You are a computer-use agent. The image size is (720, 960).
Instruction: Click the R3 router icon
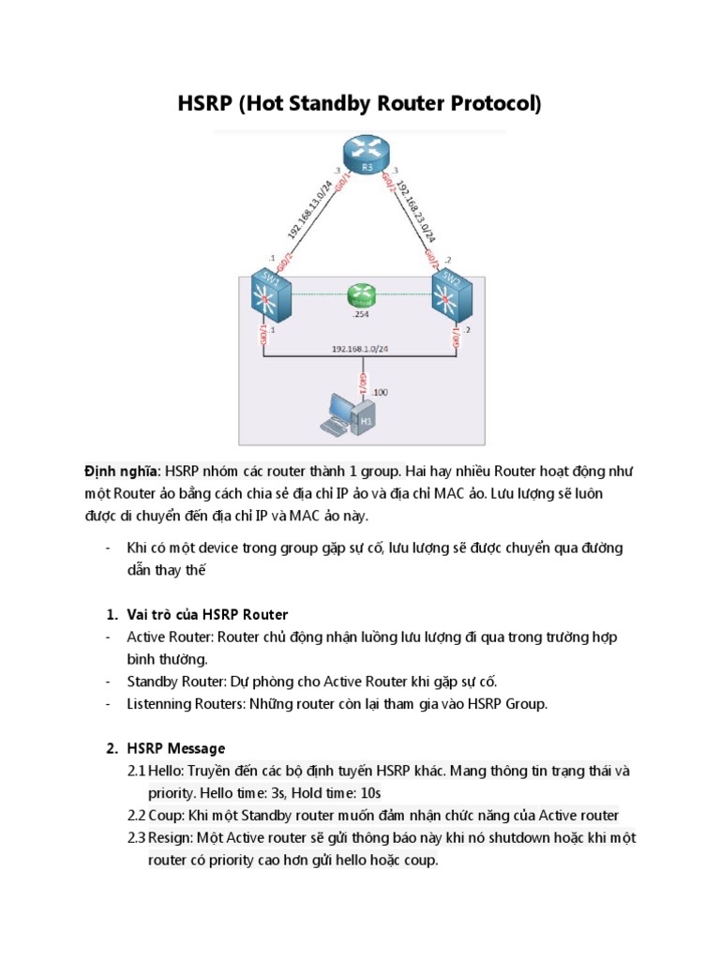point(359,156)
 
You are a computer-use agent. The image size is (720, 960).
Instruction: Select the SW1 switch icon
point(267,297)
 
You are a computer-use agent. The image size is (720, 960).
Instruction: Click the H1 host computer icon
point(349,416)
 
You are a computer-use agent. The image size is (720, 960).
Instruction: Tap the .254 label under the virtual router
point(359,316)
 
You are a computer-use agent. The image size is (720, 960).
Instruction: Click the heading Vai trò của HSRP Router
point(208,614)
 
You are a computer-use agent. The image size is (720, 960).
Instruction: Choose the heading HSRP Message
point(176,747)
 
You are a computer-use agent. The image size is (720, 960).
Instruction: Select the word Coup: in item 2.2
point(167,815)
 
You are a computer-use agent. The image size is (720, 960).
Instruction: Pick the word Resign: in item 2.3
point(171,837)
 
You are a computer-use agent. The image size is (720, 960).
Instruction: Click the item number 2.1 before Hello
point(136,770)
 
